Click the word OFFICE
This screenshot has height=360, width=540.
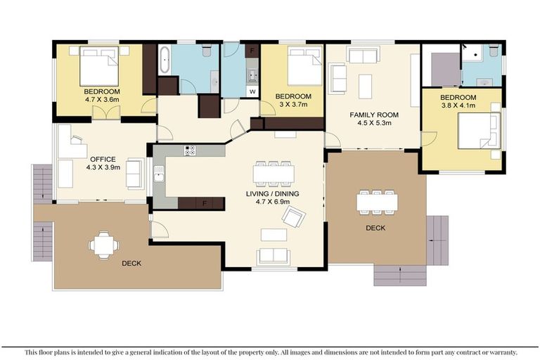click(102, 160)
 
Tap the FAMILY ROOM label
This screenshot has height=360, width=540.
click(374, 115)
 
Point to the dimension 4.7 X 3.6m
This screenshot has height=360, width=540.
click(102, 100)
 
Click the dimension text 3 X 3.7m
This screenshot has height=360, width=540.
click(292, 105)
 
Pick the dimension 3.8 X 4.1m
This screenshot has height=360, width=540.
click(458, 106)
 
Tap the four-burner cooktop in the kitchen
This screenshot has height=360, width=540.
click(190, 150)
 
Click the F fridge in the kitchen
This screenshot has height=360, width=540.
click(205, 204)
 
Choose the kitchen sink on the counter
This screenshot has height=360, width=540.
click(160, 173)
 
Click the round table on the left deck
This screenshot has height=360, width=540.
click(104, 245)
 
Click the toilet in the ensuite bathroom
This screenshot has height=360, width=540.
click(494, 51)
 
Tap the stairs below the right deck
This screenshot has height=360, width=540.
click(399, 275)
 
